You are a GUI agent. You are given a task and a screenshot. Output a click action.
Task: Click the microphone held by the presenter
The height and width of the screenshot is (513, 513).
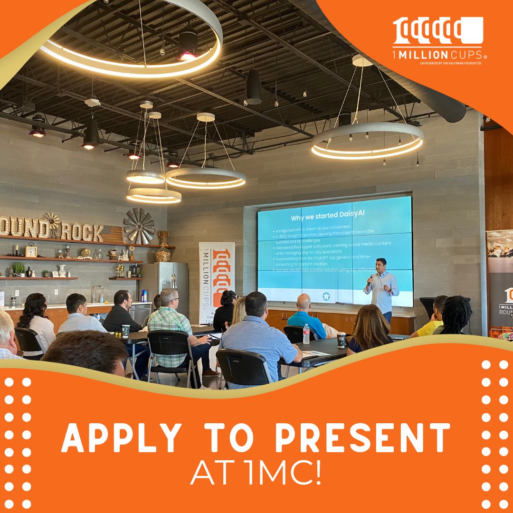pos(370,279)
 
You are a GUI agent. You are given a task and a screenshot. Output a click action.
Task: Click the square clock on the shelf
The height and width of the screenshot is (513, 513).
pos(31,251)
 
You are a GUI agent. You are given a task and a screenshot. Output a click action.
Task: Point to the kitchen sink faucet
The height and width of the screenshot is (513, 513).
pos(96,293)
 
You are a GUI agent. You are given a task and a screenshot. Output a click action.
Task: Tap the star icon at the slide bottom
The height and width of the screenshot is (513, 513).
pos(326,296)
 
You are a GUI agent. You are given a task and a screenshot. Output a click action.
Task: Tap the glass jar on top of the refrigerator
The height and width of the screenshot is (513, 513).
pos(163,254)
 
